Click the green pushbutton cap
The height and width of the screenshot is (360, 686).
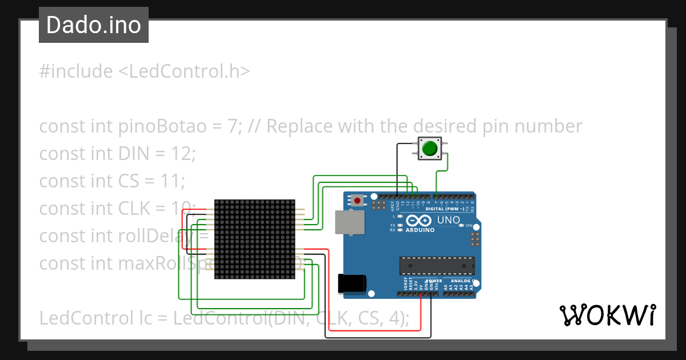pos(429,149)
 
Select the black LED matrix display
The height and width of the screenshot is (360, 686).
pos(254,239)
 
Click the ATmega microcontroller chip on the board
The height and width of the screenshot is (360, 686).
pos(437,266)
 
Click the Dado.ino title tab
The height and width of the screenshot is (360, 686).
pos(94,25)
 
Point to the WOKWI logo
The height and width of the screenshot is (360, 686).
pos(607,315)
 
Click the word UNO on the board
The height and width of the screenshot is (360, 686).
pos(449,220)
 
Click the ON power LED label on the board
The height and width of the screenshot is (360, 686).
pos(469,226)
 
